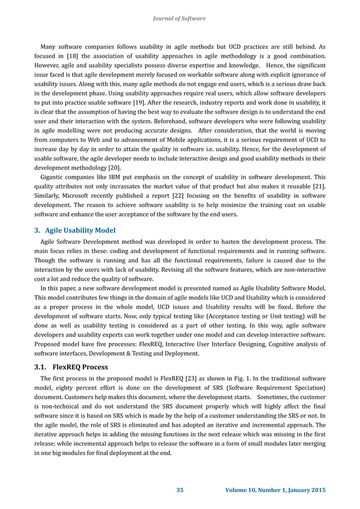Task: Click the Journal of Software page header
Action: tap(179, 19)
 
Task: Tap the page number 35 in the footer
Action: tap(180, 489)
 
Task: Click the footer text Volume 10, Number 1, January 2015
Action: tap(275, 489)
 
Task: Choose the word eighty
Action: tap(64, 388)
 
